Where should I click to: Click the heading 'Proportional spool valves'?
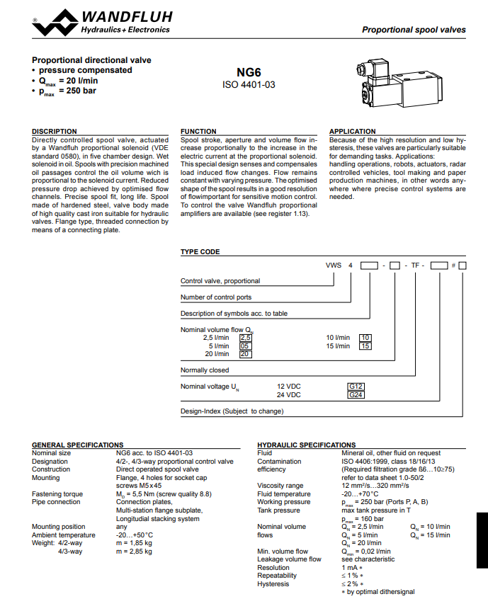pos(414,30)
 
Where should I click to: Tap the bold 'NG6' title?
pos(249,72)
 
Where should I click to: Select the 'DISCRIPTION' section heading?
pos(55,132)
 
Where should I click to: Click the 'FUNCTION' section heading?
pos(199,132)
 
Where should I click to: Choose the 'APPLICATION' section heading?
pos(353,132)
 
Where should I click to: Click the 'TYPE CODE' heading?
pos(200,252)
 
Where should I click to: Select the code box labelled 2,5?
pos(246,337)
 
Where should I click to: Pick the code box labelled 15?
pos(365,346)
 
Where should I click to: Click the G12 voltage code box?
pos(356,386)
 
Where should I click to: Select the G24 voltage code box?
pos(356,394)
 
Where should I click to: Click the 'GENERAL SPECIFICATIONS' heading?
pos(78,445)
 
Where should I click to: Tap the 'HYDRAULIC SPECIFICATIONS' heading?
pos(306,445)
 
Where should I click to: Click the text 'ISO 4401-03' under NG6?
pos(249,84)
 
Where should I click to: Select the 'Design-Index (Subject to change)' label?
pos(232,411)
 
